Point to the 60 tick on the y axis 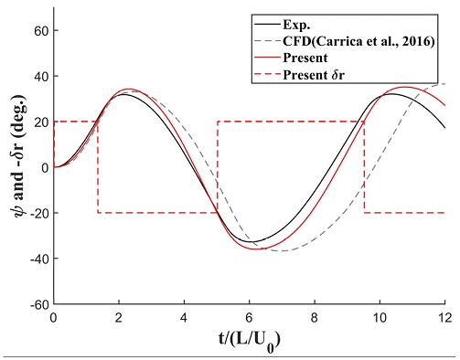[41, 30]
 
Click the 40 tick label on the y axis [41, 76]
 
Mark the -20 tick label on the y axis [37, 213]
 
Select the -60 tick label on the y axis [37, 304]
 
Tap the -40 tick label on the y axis [37, 259]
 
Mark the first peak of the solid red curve [129, 90]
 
